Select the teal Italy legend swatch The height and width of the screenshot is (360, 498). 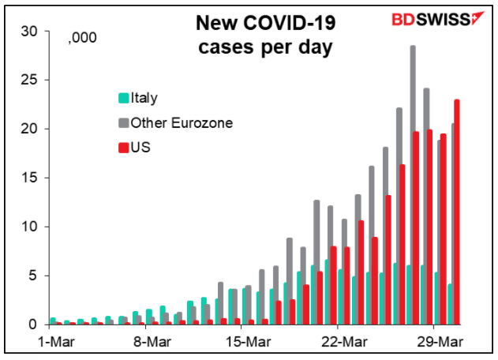pos(123,99)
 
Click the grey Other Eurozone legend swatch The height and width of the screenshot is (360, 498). pos(123,122)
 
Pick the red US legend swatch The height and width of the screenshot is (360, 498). pos(123,147)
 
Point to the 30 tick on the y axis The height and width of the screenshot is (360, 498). pos(30,31)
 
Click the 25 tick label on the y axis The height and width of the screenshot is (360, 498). pos(30,80)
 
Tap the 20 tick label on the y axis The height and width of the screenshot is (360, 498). pos(30,129)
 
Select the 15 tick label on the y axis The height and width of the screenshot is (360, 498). pos(30,178)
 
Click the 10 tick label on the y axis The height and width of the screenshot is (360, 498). pos(30,227)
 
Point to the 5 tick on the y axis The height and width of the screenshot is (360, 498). pos(33,276)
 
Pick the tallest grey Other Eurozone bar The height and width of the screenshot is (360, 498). pos(413,185)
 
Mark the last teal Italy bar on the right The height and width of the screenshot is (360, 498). pos(450,304)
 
